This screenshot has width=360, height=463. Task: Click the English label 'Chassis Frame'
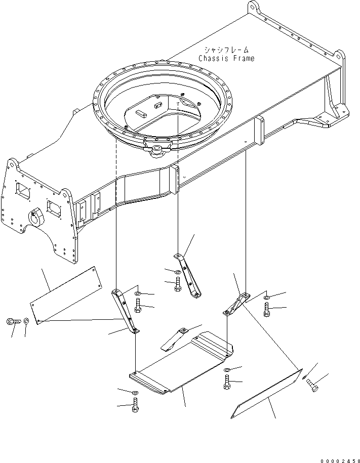(x=226, y=58)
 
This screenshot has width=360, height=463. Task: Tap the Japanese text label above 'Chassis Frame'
(x=226, y=50)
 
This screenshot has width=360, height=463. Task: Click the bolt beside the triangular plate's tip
(x=312, y=388)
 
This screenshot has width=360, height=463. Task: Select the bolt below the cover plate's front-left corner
(x=135, y=405)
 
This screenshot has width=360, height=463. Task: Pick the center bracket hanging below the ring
(x=188, y=276)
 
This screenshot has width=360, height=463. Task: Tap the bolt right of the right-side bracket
(x=267, y=310)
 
